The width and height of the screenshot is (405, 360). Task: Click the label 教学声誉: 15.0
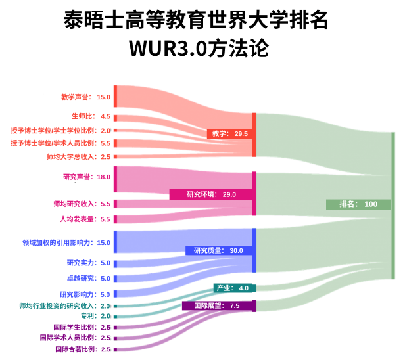coord(85,97)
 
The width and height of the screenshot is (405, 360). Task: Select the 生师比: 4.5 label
coord(91,116)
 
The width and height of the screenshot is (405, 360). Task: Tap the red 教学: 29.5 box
coord(229,133)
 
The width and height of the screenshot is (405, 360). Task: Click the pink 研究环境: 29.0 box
coord(211,194)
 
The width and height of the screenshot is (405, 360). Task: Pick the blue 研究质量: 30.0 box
coord(218,250)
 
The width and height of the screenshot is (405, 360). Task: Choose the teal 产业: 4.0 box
coord(233,288)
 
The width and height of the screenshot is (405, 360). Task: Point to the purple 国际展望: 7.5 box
coord(217,306)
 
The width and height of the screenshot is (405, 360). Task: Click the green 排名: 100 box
coord(358,204)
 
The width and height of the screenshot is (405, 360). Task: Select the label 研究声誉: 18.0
coord(87,177)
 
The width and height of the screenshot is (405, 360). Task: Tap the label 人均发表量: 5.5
coord(85,219)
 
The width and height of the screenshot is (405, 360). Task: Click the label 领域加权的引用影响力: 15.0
coord(66,243)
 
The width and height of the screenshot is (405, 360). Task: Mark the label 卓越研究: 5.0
coord(89,279)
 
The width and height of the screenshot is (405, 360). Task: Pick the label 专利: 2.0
coord(95,316)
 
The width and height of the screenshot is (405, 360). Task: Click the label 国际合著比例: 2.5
coord(83,349)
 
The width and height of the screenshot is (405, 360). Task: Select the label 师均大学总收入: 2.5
coord(78,157)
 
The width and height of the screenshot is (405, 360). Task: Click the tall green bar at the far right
coord(393,206)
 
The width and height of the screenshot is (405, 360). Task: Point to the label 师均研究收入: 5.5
coord(82,204)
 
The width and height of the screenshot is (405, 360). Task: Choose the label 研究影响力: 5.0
coord(85,294)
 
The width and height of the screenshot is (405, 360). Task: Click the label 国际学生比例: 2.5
coord(82,328)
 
